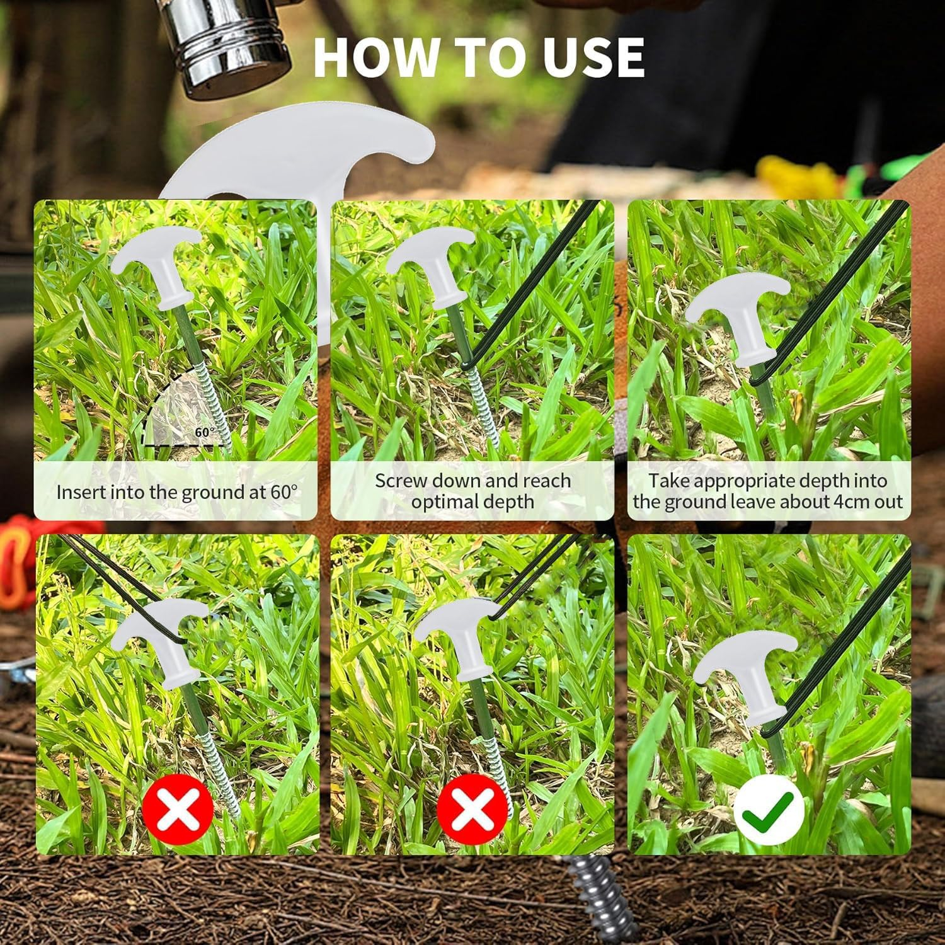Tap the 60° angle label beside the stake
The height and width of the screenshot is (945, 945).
click(205, 432)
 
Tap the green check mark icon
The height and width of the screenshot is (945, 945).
click(769, 810)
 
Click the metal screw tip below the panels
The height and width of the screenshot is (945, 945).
click(595, 898)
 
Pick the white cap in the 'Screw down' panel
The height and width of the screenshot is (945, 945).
click(432, 268)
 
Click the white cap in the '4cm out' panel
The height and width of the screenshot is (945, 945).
click(738, 319)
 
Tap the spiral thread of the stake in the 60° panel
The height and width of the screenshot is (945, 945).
click(210, 403)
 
